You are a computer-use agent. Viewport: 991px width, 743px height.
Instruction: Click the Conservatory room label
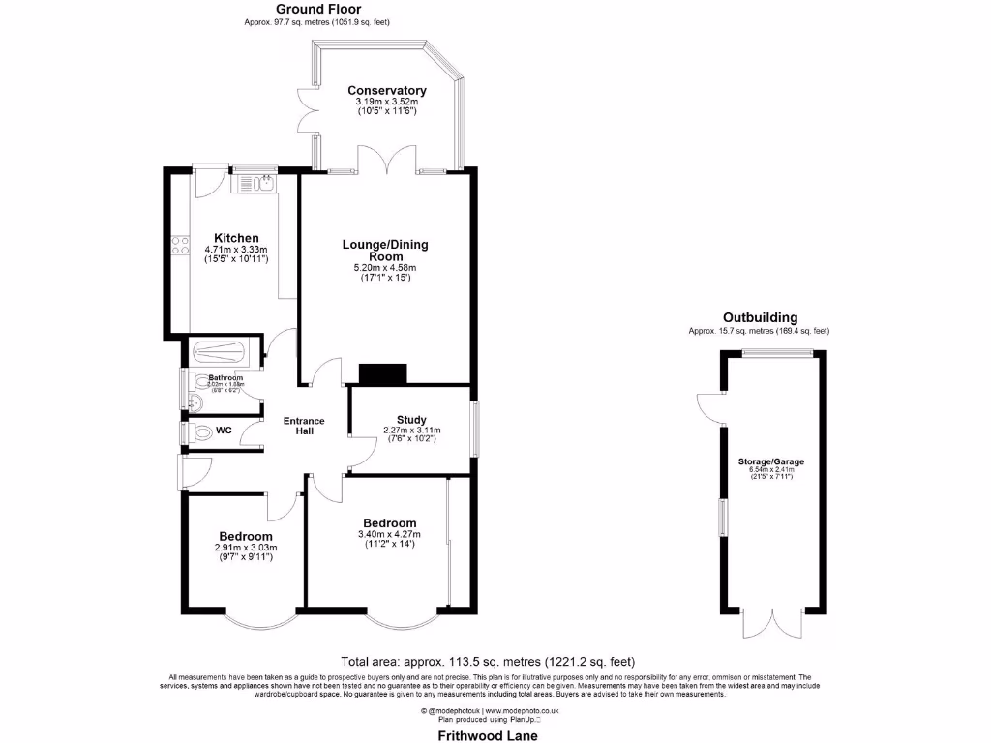[387, 91]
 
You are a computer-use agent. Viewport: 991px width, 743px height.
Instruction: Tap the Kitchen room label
[236, 238]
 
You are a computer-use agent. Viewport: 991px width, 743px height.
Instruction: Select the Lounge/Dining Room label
[384, 250]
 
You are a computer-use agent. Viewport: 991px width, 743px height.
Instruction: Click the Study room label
[411, 420]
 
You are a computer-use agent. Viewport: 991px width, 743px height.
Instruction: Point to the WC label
[224, 430]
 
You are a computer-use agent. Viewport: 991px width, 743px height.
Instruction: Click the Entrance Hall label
[303, 427]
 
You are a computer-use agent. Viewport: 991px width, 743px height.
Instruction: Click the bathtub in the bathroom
[221, 353]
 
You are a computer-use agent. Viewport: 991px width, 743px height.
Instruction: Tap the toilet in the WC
[198, 434]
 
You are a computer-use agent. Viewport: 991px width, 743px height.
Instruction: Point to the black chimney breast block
[383, 373]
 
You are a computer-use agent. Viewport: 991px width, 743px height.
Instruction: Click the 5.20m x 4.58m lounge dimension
[385, 268]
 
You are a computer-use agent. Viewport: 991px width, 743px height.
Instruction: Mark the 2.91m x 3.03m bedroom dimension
[245, 547]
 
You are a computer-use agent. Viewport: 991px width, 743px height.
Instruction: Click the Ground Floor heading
[318, 9]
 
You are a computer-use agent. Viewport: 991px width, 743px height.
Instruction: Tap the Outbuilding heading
[760, 317]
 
